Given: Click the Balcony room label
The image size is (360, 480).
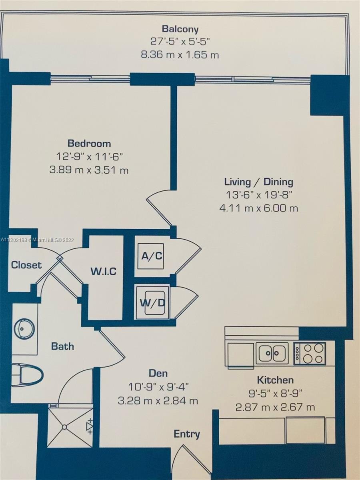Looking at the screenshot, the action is click(x=180, y=29).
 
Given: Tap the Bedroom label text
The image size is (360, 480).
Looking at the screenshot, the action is click(x=89, y=144).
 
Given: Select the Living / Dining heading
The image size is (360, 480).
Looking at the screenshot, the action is click(x=259, y=182).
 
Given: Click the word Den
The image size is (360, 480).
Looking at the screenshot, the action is click(x=158, y=373).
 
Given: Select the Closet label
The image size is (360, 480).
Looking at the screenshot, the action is click(x=26, y=265).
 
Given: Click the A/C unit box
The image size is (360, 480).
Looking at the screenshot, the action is click(x=151, y=256).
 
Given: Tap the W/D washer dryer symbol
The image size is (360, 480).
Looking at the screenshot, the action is click(x=152, y=303).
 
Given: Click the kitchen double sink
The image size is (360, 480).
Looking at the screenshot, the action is click(x=272, y=353).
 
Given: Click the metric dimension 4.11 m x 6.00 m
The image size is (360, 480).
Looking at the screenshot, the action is click(x=258, y=208).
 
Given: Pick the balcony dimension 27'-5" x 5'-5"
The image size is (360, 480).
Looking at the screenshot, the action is click(x=180, y=42).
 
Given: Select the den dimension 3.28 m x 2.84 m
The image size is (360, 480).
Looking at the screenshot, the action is click(x=158, y=401).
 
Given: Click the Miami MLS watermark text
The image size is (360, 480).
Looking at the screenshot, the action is click(x=37, y=240).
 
